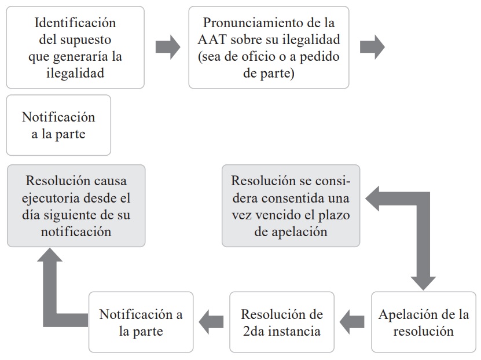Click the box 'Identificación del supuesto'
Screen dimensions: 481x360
(x=75, y=47)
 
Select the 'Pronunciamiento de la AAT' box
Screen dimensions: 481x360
(x=269, y=47)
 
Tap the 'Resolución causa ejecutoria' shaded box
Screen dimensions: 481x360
(x=76, y=206)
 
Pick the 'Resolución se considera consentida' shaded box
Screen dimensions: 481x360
(x=291, y=206)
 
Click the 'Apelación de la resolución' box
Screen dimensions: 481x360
(x=424, y=322)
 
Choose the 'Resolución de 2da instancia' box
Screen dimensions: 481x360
(x=282, y=322)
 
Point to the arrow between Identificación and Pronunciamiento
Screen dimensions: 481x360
(x=168, y=47)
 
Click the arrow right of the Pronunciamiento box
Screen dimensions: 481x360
(x=372, y=47)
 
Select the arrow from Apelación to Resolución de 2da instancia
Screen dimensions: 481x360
(x=352, y=322)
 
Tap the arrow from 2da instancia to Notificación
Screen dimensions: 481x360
(x=211, y=322)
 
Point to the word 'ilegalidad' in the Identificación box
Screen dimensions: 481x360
(x=75, y=74)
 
